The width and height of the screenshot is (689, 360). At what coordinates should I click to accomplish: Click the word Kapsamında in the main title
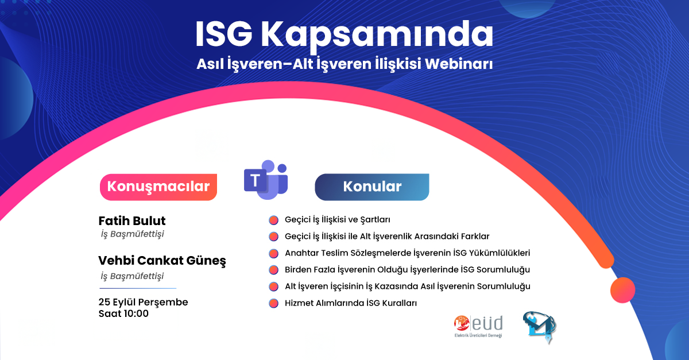click(377, 36)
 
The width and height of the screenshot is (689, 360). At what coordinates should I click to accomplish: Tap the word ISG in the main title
click(223, 35)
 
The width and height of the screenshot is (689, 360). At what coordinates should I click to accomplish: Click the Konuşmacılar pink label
click(158, 187)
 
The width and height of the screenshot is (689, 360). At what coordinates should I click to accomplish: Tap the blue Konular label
click(371, 187)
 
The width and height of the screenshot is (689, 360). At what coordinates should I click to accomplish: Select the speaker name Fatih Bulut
click(133, 221)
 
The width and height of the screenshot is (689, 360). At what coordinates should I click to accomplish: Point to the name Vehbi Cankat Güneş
click(162, 261)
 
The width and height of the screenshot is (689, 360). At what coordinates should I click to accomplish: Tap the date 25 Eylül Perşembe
click(143, 302)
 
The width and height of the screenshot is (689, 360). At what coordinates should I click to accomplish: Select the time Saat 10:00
click(123, 314)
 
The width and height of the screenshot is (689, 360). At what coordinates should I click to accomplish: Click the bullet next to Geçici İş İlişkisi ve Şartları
click(273, 220)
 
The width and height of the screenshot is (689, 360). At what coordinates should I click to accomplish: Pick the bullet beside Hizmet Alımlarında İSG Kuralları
click(273, 303)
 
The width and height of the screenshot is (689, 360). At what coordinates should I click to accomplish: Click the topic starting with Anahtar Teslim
click(407, 253)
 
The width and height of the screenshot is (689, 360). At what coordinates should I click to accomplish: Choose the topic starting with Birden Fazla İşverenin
click(407, 270)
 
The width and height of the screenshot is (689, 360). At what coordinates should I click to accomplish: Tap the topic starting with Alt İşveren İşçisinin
click(407, 287)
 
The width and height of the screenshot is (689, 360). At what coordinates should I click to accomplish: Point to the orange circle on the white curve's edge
click(622, 290)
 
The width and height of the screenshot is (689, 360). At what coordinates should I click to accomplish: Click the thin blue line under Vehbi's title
click(138, 288)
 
